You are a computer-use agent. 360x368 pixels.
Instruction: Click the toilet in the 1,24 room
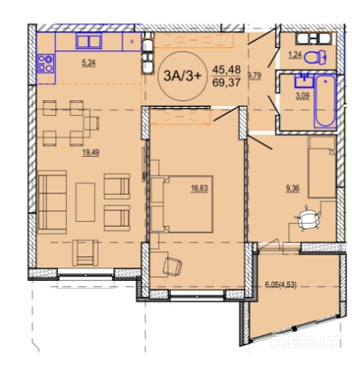pos(315,57)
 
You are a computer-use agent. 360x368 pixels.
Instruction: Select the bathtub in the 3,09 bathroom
pos(325,101)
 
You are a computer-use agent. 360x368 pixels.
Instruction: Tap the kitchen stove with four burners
pos(46,64)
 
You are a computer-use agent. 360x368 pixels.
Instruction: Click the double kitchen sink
pos(89,41)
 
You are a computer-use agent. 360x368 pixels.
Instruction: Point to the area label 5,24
pos(89,63)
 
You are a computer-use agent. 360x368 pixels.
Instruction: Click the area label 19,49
pos(91,153)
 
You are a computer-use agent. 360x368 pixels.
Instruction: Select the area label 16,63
pos(199,188)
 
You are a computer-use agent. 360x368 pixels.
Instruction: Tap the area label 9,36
pos(292,188)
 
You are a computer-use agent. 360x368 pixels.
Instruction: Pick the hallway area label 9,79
pos(255,76)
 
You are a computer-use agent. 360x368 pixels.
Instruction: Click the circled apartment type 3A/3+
pos(183,76)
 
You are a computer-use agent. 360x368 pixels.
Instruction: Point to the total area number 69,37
pos(226,82)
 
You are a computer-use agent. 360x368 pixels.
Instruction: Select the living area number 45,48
pos(226,70)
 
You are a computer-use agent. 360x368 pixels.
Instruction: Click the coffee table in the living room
pos(86,202)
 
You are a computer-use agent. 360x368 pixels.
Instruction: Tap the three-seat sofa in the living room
pos(52,202)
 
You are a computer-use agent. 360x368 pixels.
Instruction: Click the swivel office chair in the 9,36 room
pos(308,219)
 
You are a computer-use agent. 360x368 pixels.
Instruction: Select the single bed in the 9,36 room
pos(322,166)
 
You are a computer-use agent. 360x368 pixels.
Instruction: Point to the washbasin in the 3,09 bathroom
pos(304,81)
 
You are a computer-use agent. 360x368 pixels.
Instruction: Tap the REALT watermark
pos(306,342)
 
